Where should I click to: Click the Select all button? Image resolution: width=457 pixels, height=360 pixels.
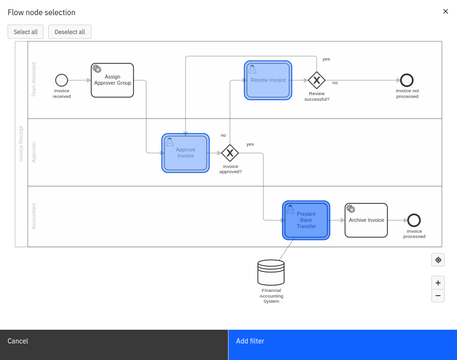click(x=26, y=32)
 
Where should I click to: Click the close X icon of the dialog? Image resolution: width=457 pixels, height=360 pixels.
click(x=445, y=11)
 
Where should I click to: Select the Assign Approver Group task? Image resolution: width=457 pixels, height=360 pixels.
click(x=113, y=80)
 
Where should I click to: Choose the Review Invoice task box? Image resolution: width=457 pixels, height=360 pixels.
click(x=268, y=80)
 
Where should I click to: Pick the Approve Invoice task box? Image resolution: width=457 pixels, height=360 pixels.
click(x=185, y=153)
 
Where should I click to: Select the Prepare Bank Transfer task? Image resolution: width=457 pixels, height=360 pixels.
click(x=306, y=220)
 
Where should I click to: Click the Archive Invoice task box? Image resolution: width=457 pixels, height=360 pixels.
click(x=366, y=220)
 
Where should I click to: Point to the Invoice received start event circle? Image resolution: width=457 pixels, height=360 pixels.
click(x=62, y=80)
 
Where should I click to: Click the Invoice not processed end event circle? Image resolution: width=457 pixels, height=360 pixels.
click(x=407, y=80)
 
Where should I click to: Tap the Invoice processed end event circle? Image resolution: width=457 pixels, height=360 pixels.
click(x=414, y=220)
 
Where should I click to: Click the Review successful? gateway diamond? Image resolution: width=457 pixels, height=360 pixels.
click(x=316, y=80)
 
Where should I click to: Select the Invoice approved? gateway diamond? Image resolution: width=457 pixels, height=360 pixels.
click(x=230, y=153)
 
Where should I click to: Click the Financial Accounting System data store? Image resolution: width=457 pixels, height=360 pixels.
click(x=271, y=272)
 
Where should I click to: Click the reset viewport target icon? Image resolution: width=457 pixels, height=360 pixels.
click(x=438, y=260)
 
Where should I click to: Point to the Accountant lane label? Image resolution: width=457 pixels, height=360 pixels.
click(x=34, y=216)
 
